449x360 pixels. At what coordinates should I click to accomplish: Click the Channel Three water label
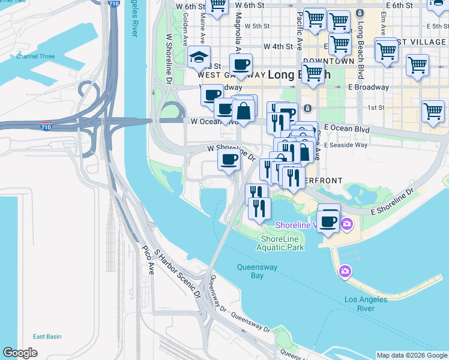pos(35,56)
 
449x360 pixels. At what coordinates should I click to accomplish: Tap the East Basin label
pos(47,337)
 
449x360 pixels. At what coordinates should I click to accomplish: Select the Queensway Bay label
pos(250,271)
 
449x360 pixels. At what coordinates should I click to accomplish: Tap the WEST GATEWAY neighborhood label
pos(231,75)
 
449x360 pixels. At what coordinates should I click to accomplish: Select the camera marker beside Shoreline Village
pos(346,224)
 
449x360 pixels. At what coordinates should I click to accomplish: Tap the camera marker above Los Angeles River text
pos(345,271)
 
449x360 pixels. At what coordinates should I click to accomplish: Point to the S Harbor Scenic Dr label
pos(177,274)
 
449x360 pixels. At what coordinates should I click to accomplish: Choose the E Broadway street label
pos(366,87)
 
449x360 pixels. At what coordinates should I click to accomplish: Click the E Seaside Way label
pos(345,145)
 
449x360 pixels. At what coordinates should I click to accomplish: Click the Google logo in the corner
pos(20,353)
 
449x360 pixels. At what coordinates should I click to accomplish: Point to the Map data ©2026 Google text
pos(411,355)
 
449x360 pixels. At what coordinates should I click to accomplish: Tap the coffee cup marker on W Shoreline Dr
pos(228,160)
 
